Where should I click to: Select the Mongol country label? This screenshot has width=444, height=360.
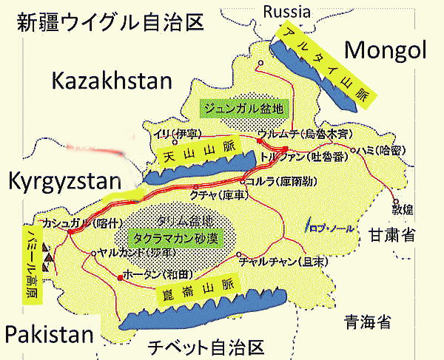tap(386, 50)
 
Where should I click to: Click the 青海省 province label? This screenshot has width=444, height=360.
tap(367, 322)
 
